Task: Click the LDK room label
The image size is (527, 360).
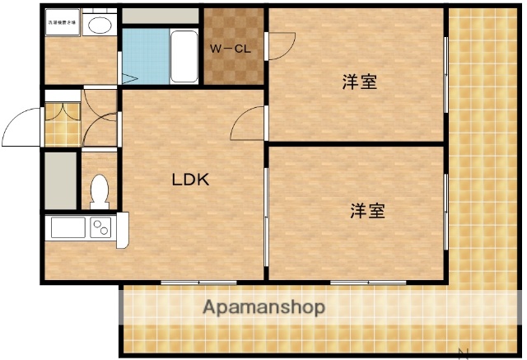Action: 190,180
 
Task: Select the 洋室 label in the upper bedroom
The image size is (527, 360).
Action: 360,82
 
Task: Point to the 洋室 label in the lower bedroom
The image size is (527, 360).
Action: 367,210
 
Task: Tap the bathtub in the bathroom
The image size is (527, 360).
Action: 184,55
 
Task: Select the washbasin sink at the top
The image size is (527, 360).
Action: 100,25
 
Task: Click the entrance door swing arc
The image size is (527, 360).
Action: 21,128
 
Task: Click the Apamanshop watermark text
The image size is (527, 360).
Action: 263,308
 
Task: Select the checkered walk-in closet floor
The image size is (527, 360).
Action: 234,70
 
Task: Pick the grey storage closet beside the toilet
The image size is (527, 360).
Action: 60,179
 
